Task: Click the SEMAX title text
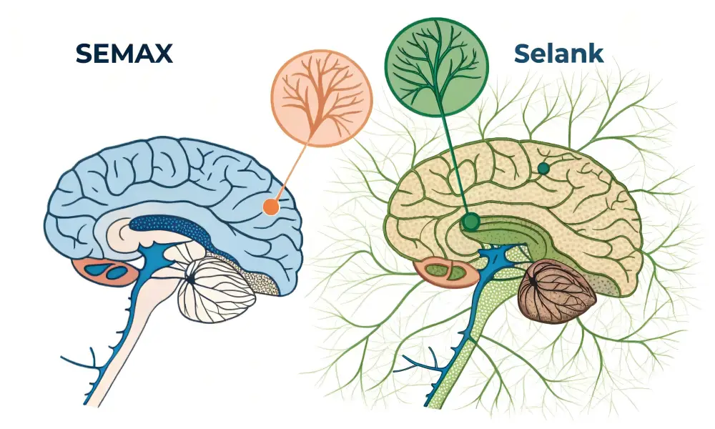point(124,53)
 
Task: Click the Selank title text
point(557,53)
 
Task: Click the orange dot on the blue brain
point(270,207)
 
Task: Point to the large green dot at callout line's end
point(470,222)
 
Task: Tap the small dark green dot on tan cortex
point(543,169)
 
